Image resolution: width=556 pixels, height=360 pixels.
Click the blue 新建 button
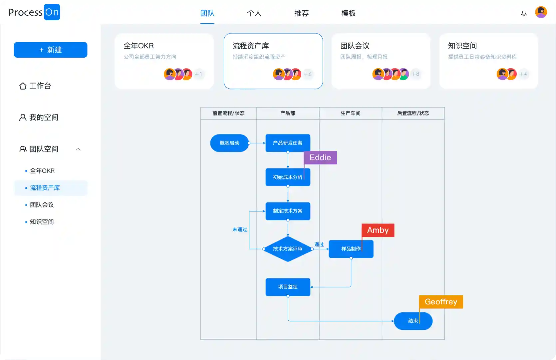click(51, 50)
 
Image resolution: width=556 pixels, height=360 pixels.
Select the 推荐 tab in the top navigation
click(301, 13)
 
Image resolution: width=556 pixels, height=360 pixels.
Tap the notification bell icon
click(524, 13)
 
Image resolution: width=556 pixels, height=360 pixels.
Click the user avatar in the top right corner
click(541, 12)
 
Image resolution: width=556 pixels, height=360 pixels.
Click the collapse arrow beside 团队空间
click(78, 149)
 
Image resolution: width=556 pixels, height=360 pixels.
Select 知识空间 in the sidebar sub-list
click(42, 222)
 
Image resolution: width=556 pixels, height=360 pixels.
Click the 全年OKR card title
click(139, 46)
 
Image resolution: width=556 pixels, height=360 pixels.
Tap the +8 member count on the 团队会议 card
click(416, 74)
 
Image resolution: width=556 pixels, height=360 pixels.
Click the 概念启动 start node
click(229, 143)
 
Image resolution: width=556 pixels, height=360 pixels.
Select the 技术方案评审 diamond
click(288, 249)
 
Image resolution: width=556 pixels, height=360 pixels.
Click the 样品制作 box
click(351, 249)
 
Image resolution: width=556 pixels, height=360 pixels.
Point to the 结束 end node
click(413, 321)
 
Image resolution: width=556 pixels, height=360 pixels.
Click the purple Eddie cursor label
click(320, 158)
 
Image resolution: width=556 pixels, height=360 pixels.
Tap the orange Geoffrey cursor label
click(441, 302)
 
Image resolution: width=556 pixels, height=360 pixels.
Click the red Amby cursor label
click(378, 230)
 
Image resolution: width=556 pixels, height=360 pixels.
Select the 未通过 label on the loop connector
click(240, 229)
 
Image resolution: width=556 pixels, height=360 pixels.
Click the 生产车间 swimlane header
click(350, 113)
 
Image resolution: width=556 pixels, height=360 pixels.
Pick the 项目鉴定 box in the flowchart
click(288, 287)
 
